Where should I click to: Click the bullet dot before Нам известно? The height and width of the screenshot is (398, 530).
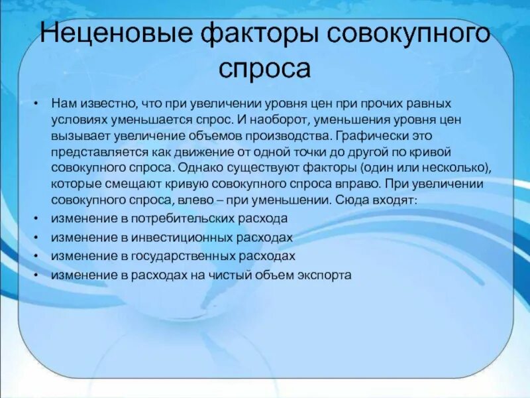tap(34, 105)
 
